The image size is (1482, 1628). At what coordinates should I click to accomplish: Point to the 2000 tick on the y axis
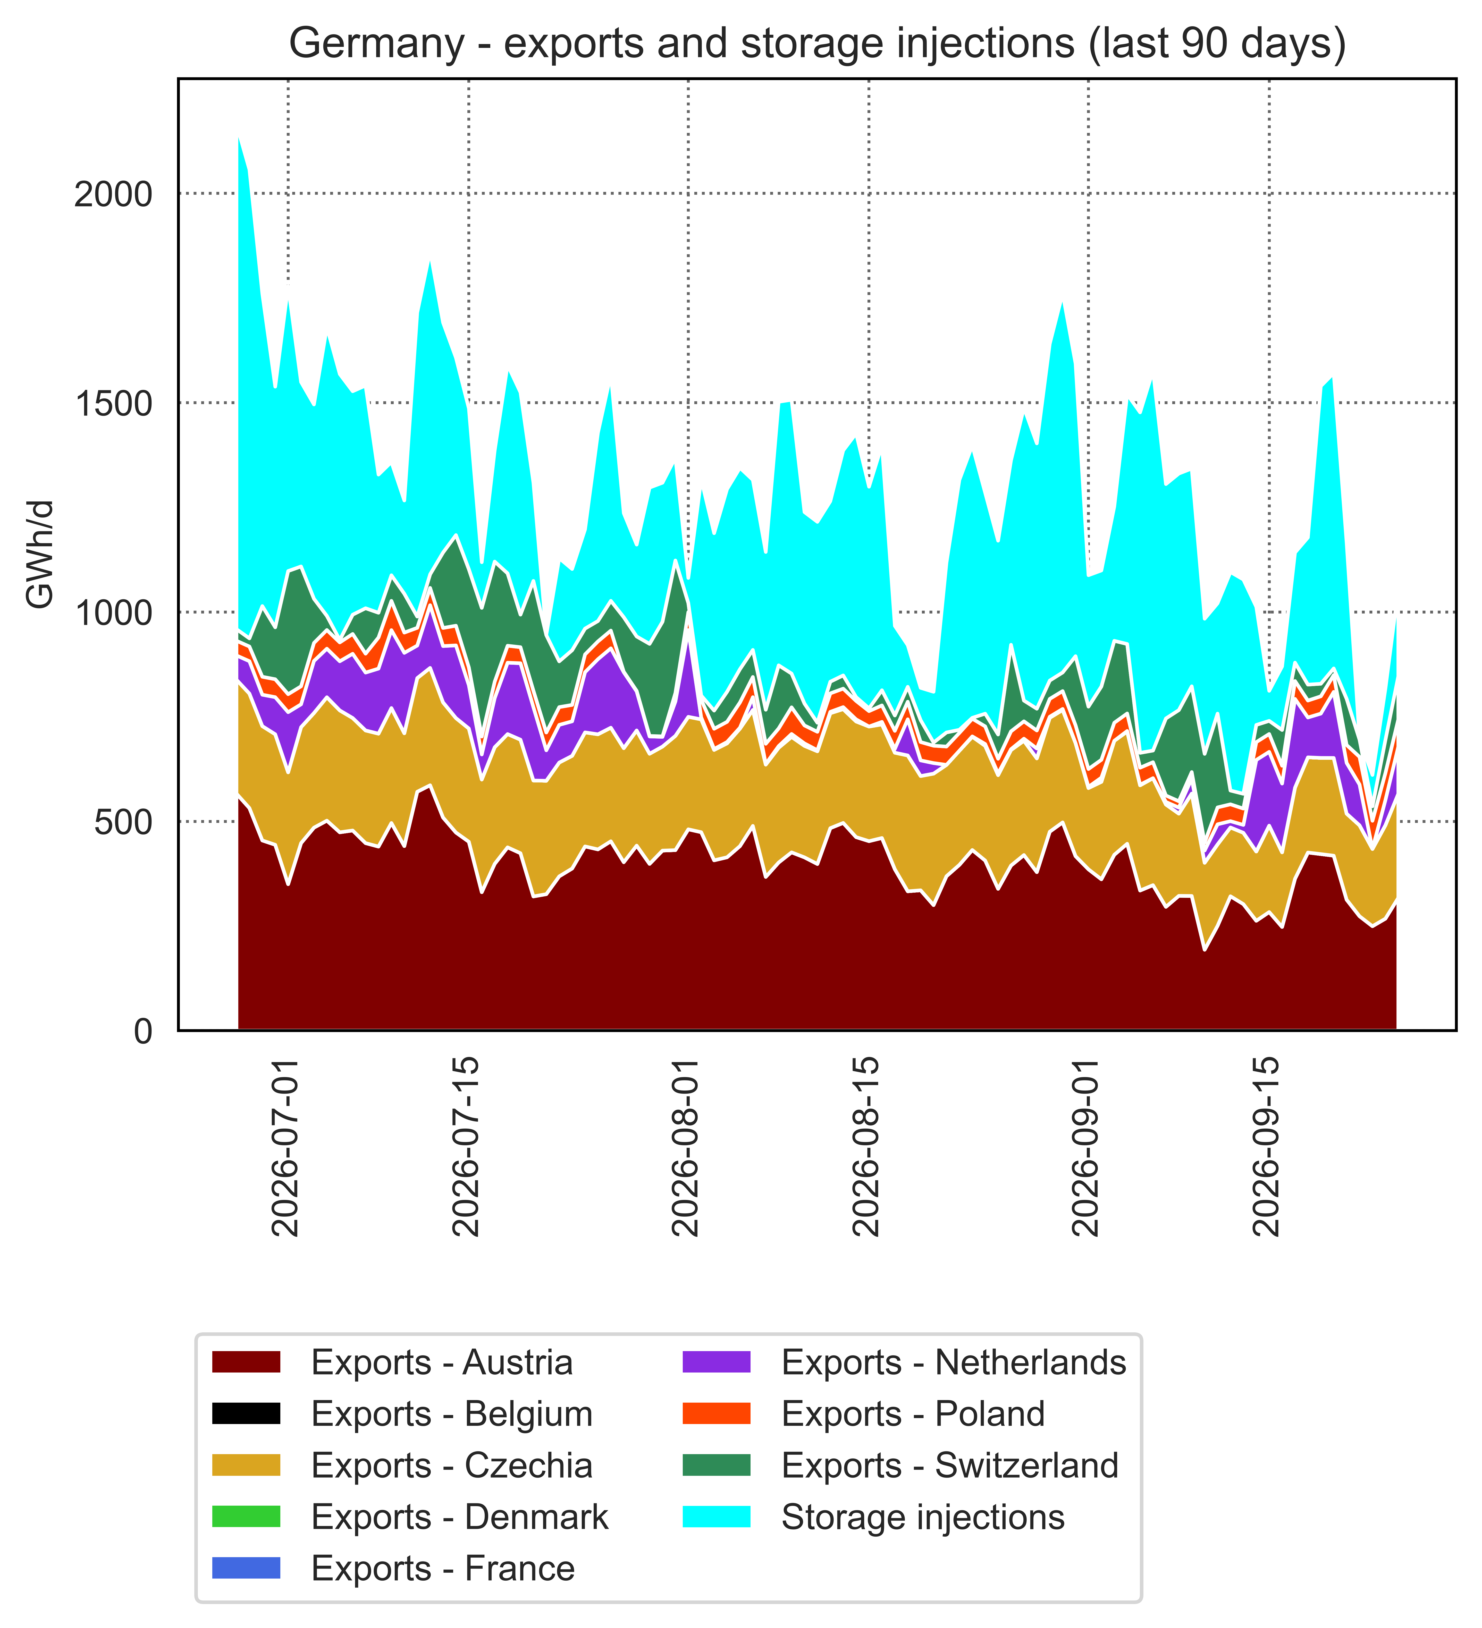(113, 195)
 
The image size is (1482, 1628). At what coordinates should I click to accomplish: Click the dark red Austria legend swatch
(246, 1362)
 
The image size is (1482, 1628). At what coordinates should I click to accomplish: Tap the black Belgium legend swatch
(246, 1414)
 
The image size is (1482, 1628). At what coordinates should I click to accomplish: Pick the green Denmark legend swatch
(246, 1517)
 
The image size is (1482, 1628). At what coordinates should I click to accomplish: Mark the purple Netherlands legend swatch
(716, 1362)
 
